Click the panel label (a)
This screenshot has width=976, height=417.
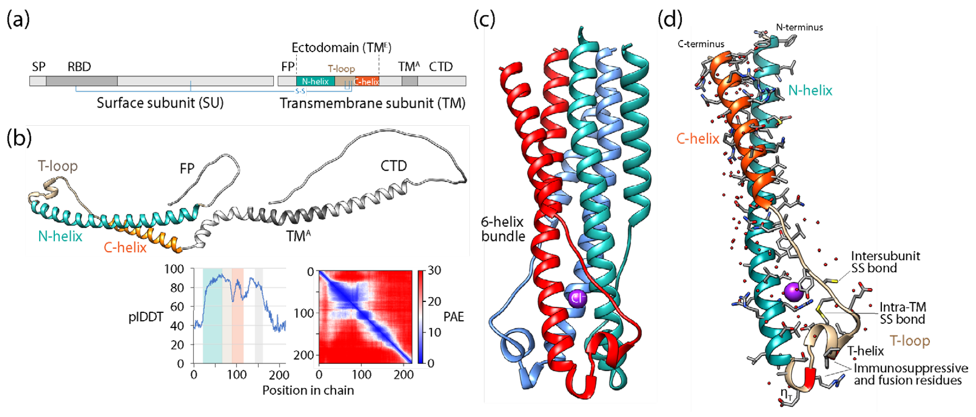(x=18, y=20)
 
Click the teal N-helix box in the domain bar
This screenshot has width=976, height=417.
(x=315, y=81)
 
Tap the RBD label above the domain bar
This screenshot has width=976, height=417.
(x=79, y=67)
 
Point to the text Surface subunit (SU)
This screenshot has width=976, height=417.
(x=160, y=103)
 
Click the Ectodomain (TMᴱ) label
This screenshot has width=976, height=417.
(x=341, y=48)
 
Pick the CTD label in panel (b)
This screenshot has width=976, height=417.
(x=393, y=166)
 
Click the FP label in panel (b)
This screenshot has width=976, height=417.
(x=187, y=168)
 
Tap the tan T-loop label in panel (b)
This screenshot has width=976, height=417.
(x=58, y=166)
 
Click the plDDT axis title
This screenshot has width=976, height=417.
(x=146, y=317)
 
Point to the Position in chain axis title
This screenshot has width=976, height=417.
(x=308, y=391)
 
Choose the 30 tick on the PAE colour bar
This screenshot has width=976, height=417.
(x=434, y=270)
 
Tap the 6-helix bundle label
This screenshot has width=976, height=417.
(x=503, y=229)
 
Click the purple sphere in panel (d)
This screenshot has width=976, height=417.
(x=793, y=292)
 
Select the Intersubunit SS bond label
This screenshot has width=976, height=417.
(x=885, y=262)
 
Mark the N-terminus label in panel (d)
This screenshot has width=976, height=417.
(x=799, y=27)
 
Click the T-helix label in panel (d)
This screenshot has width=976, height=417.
(x=865, y=351)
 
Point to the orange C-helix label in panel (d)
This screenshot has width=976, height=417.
(x=698, y=139)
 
